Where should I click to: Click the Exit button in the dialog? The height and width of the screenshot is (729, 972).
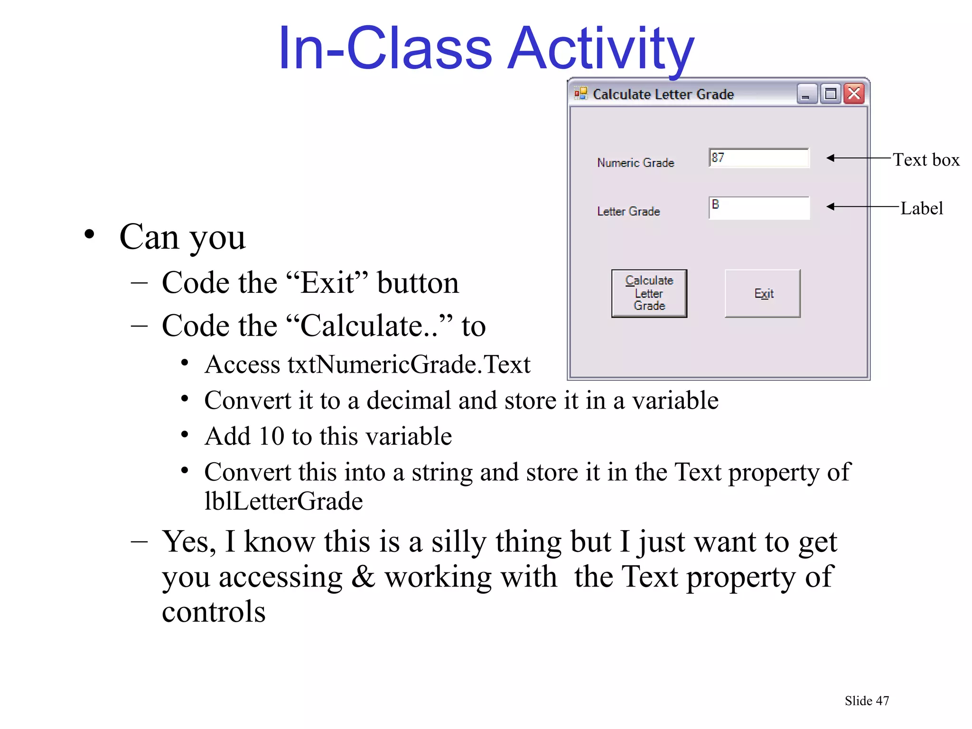tap(762, 293)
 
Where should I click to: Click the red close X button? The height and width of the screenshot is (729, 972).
tap(854, 93)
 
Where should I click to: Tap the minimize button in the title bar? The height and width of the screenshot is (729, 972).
tap(806, 93)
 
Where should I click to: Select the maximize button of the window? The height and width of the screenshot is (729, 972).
tap(830, 93)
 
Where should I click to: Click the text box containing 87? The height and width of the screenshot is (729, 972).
tap(758, 158)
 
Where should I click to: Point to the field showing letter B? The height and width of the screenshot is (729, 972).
tap(758, 208)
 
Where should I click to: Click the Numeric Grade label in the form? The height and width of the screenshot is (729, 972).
tap(636, 163)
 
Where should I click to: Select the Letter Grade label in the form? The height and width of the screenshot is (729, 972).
tap(628, 211)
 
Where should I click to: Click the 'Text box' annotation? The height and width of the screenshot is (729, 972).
tap(926, 160)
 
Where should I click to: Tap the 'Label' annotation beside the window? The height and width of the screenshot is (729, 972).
tap(921, 208)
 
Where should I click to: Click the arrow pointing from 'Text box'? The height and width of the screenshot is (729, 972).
tap(857, 158)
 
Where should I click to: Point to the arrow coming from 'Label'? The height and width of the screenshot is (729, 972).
tap(861, 206)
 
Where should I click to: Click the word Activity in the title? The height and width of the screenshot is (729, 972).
tap(601, 49)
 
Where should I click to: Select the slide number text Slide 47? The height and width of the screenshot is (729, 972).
tap(867, 701)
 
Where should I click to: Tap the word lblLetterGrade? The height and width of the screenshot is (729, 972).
tap(283, 501)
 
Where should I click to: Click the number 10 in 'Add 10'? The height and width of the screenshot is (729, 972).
tap(271, 436)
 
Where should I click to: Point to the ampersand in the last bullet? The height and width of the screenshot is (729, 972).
tap(363, 577)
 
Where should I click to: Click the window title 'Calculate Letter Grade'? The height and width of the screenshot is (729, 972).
tap(663, 94)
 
